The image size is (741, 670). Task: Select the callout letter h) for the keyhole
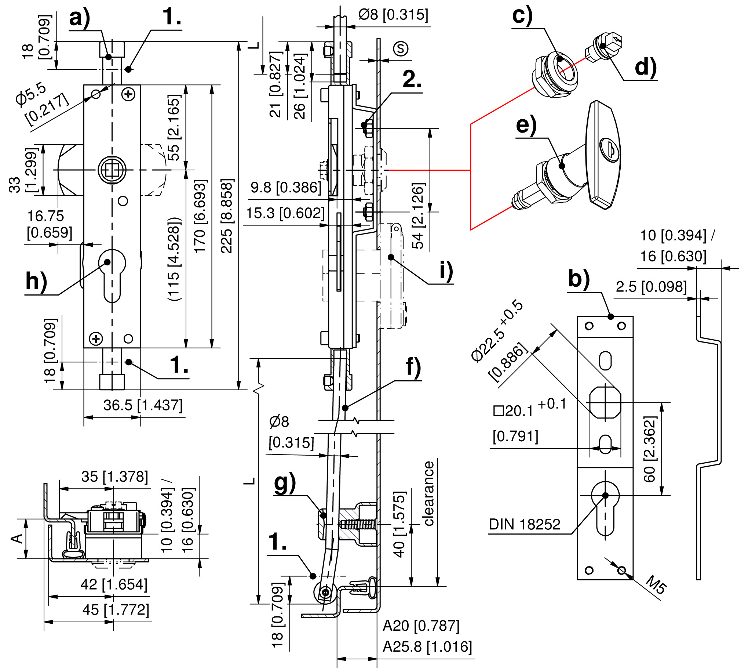(x=36, y=282)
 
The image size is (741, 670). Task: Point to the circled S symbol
(x=400, y=48)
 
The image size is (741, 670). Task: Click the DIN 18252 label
(x=525, y=524)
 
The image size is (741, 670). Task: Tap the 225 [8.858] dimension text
(x=227, y=216)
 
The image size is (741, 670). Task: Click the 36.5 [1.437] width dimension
(x=143, y=405)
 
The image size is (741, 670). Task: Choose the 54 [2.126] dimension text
(x=418, y=216)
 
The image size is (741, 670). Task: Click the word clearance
(x=428, y=493)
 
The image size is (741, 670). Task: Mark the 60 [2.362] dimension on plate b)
(x=650, y=449)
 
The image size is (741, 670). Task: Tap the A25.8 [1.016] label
(x=427, y=647)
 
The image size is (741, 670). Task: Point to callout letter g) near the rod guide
(x=285, y=484)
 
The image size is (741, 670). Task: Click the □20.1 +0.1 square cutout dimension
(x=529, y=408)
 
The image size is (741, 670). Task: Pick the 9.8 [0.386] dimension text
(x=286, y=187)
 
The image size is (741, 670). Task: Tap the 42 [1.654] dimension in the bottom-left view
(x=114, y=584)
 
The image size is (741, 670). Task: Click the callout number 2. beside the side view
(x=412, y=79)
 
